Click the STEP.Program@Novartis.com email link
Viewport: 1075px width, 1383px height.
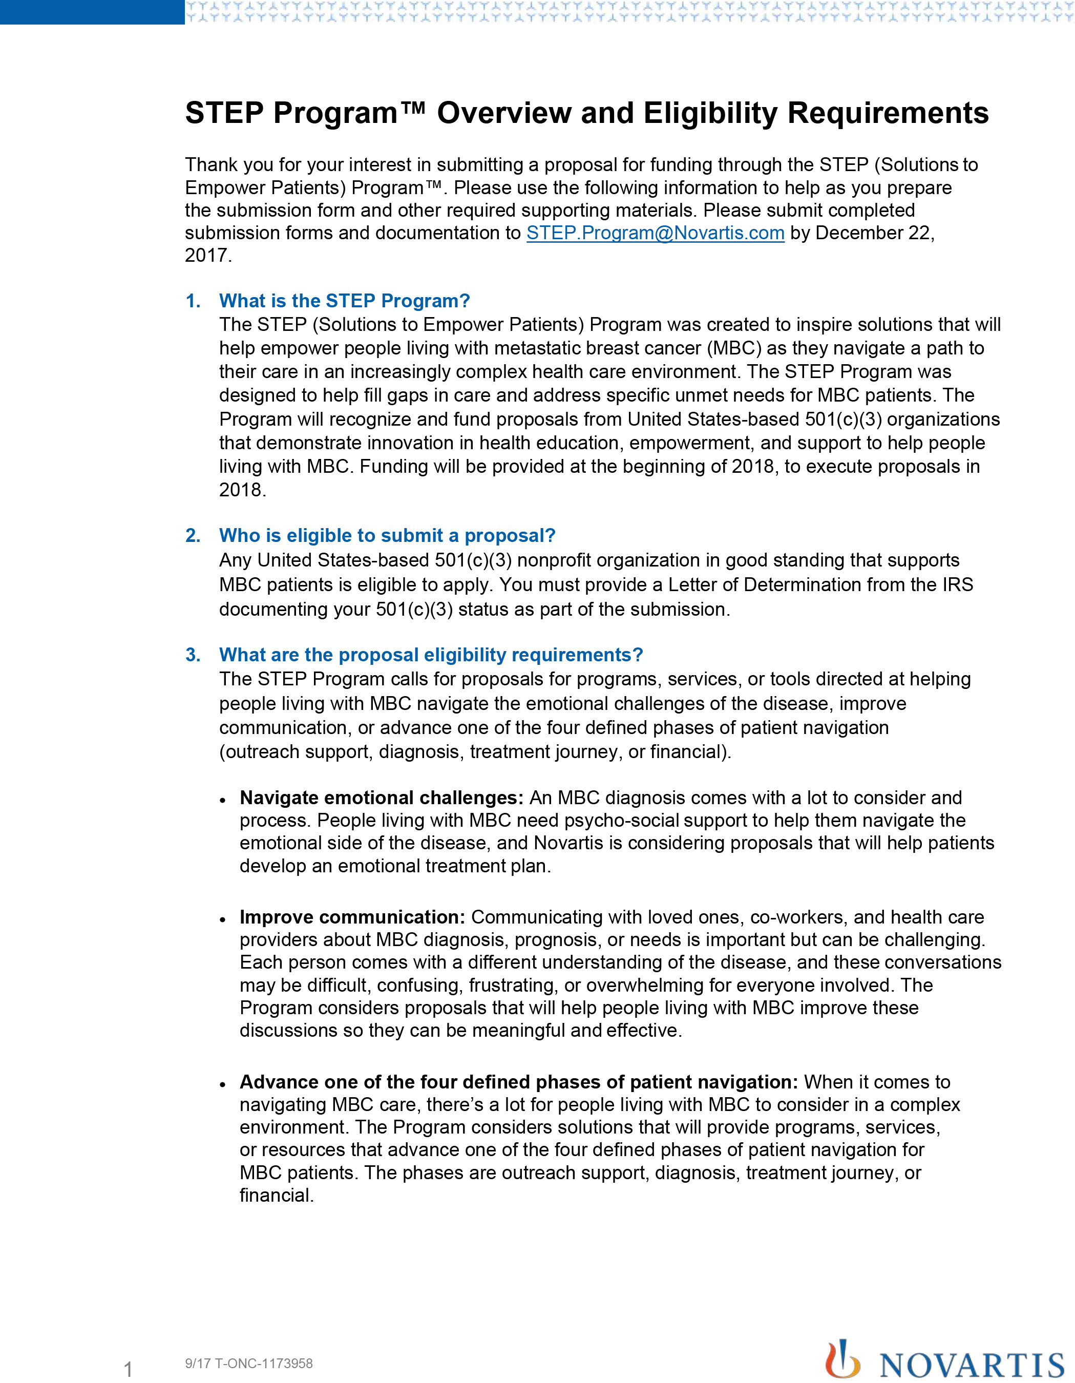[655, 233]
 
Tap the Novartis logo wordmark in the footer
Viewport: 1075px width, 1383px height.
[972, 1364]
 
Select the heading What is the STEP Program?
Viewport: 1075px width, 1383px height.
[344, 301]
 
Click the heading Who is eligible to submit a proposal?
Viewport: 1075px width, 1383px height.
[387, 536]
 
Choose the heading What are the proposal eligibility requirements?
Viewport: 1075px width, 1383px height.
[431, 655]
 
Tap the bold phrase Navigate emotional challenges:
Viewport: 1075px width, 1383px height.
[381, 798]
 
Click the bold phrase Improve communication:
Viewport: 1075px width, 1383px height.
[352, 917]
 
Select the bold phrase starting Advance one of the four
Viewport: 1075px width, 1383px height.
[518, 1082]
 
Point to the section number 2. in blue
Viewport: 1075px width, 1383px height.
[193, 536]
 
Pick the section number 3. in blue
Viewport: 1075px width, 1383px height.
[193, 655]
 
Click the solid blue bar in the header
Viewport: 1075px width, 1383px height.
[92, 12]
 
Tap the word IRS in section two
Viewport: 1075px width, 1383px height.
[957, 584]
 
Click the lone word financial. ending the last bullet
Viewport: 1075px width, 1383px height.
[277, 1196]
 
